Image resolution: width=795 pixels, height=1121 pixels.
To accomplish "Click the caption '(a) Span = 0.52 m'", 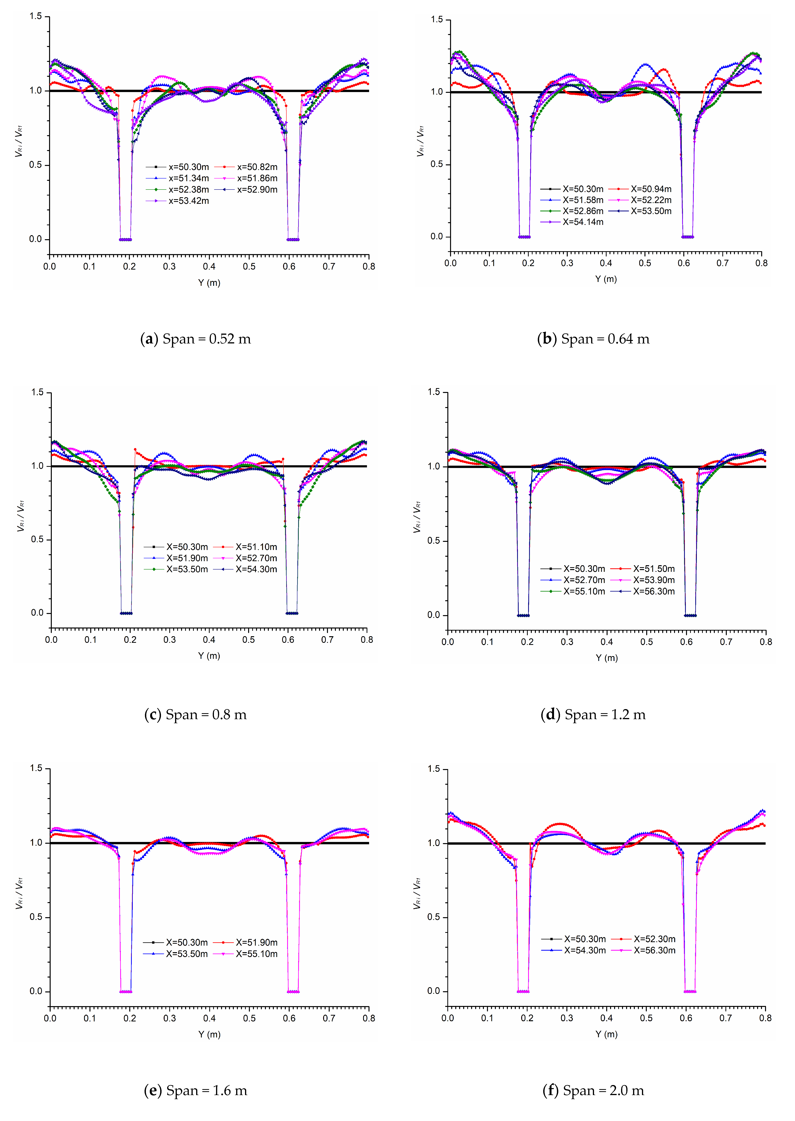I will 195,339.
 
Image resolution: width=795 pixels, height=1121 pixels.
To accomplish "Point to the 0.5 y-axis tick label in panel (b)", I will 437,164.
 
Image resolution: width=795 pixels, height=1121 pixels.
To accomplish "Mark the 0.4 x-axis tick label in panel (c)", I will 209,640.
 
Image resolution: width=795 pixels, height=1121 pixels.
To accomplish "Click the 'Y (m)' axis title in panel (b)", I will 606,279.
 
